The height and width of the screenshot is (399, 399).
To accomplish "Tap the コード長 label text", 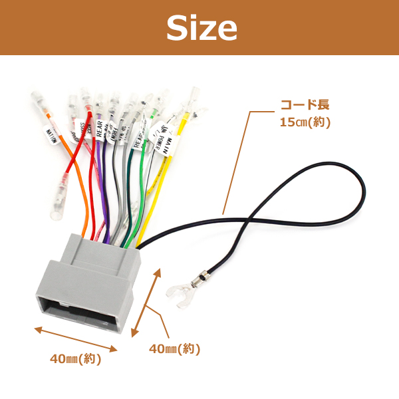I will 305,105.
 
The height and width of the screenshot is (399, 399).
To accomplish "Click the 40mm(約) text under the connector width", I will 75,359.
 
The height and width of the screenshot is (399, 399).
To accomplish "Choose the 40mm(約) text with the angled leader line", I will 174,349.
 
